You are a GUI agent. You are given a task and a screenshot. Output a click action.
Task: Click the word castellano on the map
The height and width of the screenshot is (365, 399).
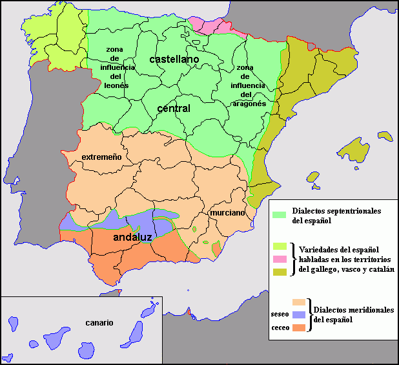coord(174,59)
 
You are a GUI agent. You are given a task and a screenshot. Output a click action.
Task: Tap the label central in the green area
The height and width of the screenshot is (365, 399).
coord(173,108)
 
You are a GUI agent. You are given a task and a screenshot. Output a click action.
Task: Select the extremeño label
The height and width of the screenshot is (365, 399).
coord(101,157)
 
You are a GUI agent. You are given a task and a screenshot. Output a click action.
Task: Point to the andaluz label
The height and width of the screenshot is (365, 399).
coord(132,238)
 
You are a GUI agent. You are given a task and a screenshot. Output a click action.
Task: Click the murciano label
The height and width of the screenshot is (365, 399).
coord(227,212)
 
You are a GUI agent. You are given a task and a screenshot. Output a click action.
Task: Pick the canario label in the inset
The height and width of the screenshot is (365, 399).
coord(99,322)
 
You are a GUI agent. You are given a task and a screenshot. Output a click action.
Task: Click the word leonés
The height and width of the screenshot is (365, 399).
coord(116,85)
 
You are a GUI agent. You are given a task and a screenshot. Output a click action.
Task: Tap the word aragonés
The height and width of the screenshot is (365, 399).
coord(249,103)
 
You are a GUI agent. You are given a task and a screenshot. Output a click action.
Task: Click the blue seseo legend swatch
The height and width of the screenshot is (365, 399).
coord(298,315)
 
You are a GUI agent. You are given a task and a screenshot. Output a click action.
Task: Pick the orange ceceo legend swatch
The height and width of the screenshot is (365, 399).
coord(298,327)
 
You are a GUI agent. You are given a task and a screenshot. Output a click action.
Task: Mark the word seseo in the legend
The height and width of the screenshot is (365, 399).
coord(280,315)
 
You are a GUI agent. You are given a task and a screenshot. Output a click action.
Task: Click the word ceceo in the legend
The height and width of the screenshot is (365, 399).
coord(280,327)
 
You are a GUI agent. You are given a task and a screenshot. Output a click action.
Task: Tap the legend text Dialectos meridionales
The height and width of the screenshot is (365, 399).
coord(353,310)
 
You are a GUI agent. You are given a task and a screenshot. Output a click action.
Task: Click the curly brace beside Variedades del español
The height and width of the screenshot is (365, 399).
coord(293,260)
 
